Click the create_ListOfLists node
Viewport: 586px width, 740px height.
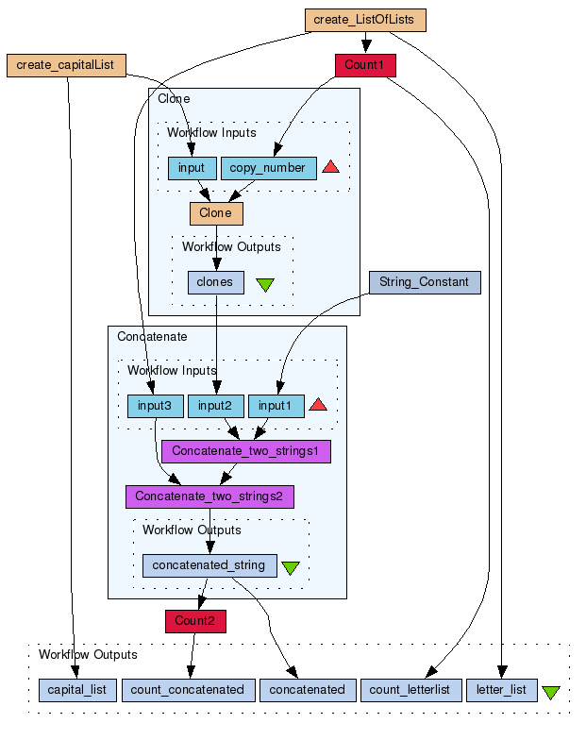click(x=365, y=19)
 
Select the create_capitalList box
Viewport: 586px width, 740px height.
click(x=66, y=65)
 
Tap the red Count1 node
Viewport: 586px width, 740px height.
click(x=365, y=65)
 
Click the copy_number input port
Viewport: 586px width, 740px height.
click(x=268, y=168)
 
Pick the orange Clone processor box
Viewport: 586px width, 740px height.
click(x=216, y=213)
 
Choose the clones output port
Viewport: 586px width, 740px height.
click(x=216, y=282)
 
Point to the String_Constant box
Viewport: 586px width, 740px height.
click(x=424, y=281)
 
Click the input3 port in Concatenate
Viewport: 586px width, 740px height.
click(x=156, y=406)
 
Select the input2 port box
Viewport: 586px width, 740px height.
click(x=216, y=406)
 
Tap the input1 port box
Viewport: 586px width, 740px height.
click(x=276, y=406)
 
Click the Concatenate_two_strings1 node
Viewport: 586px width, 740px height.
click(x=246, y=451)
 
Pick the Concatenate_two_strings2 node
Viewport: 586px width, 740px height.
click(x=209, y=496)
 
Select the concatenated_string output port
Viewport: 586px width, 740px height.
click(x=209, y=565)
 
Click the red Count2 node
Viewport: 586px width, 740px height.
click(x=195, y=621)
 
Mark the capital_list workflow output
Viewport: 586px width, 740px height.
click(x=77, y=690)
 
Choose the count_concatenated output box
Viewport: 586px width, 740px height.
click(x=187, y=690)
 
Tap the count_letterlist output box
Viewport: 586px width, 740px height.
click(x=411, y=690)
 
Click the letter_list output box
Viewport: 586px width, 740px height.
click(x=501, y=690)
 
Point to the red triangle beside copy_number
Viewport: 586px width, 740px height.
click(x=330, y=168)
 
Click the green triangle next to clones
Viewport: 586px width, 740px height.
click(x=265, y=283)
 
